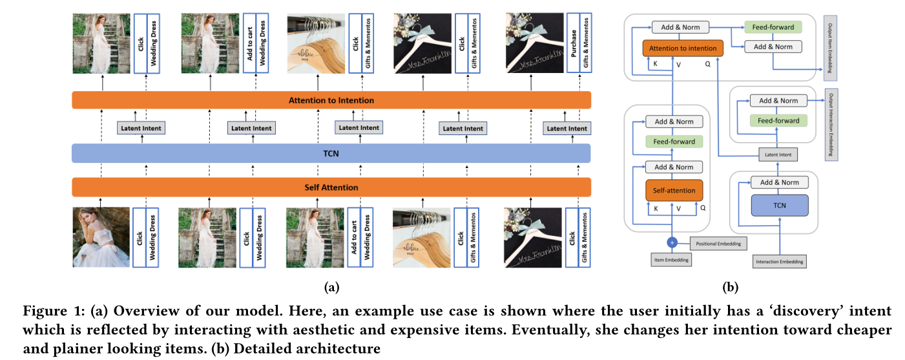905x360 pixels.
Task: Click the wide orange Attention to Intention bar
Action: [331, 100]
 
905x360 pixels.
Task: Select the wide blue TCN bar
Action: [331, 153]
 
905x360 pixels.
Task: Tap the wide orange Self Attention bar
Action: [331, 187]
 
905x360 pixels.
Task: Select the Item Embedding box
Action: [672, 259]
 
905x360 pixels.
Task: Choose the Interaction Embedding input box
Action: [778, 262]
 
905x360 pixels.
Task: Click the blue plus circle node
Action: [672, 242]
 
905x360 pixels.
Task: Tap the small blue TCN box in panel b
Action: [778, 205]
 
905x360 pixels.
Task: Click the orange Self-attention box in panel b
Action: [673, 191]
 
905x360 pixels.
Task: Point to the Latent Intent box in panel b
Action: [778, 154]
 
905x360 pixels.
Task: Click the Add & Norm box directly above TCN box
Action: [778, 182]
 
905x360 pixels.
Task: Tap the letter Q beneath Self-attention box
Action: [703, 209]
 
